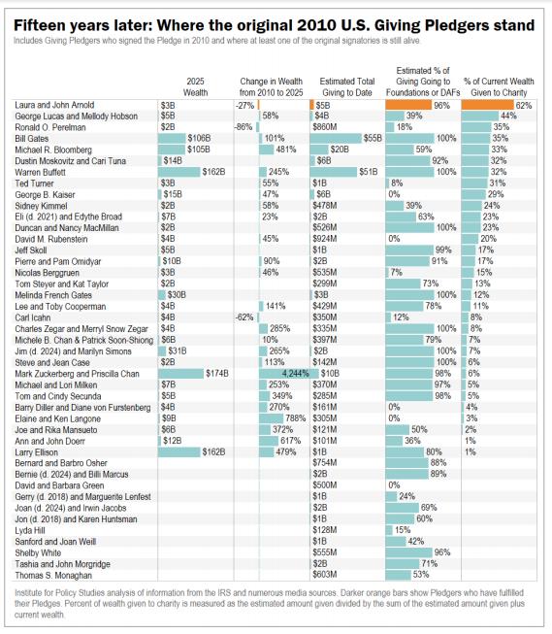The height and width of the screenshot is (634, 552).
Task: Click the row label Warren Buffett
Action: point(40,172)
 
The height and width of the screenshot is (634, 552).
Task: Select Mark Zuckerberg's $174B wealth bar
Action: point(180,374)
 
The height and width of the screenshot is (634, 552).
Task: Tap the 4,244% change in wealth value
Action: point(295,374)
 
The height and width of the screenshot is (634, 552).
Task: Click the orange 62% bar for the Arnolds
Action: point(487,105)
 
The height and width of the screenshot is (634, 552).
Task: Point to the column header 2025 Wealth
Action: point(196,87)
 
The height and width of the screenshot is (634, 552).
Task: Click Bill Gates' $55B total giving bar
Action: point(336,138)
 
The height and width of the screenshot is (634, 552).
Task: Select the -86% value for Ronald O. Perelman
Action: point(244,127)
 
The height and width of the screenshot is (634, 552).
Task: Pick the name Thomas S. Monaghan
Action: point(53,575)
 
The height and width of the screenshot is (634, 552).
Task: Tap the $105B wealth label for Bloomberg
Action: point(199,150)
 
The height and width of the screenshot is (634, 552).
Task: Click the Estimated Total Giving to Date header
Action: point(347,87)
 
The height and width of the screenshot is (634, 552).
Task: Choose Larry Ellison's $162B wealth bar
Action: point(179,452)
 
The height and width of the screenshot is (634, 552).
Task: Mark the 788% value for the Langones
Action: point(296,418)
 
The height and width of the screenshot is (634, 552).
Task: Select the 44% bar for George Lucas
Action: point(480,117)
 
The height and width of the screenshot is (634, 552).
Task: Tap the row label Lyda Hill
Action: point(30,530)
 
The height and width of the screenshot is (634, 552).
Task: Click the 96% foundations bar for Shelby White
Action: point(409,552)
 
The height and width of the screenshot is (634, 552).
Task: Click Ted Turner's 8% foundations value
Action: point(397,184)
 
